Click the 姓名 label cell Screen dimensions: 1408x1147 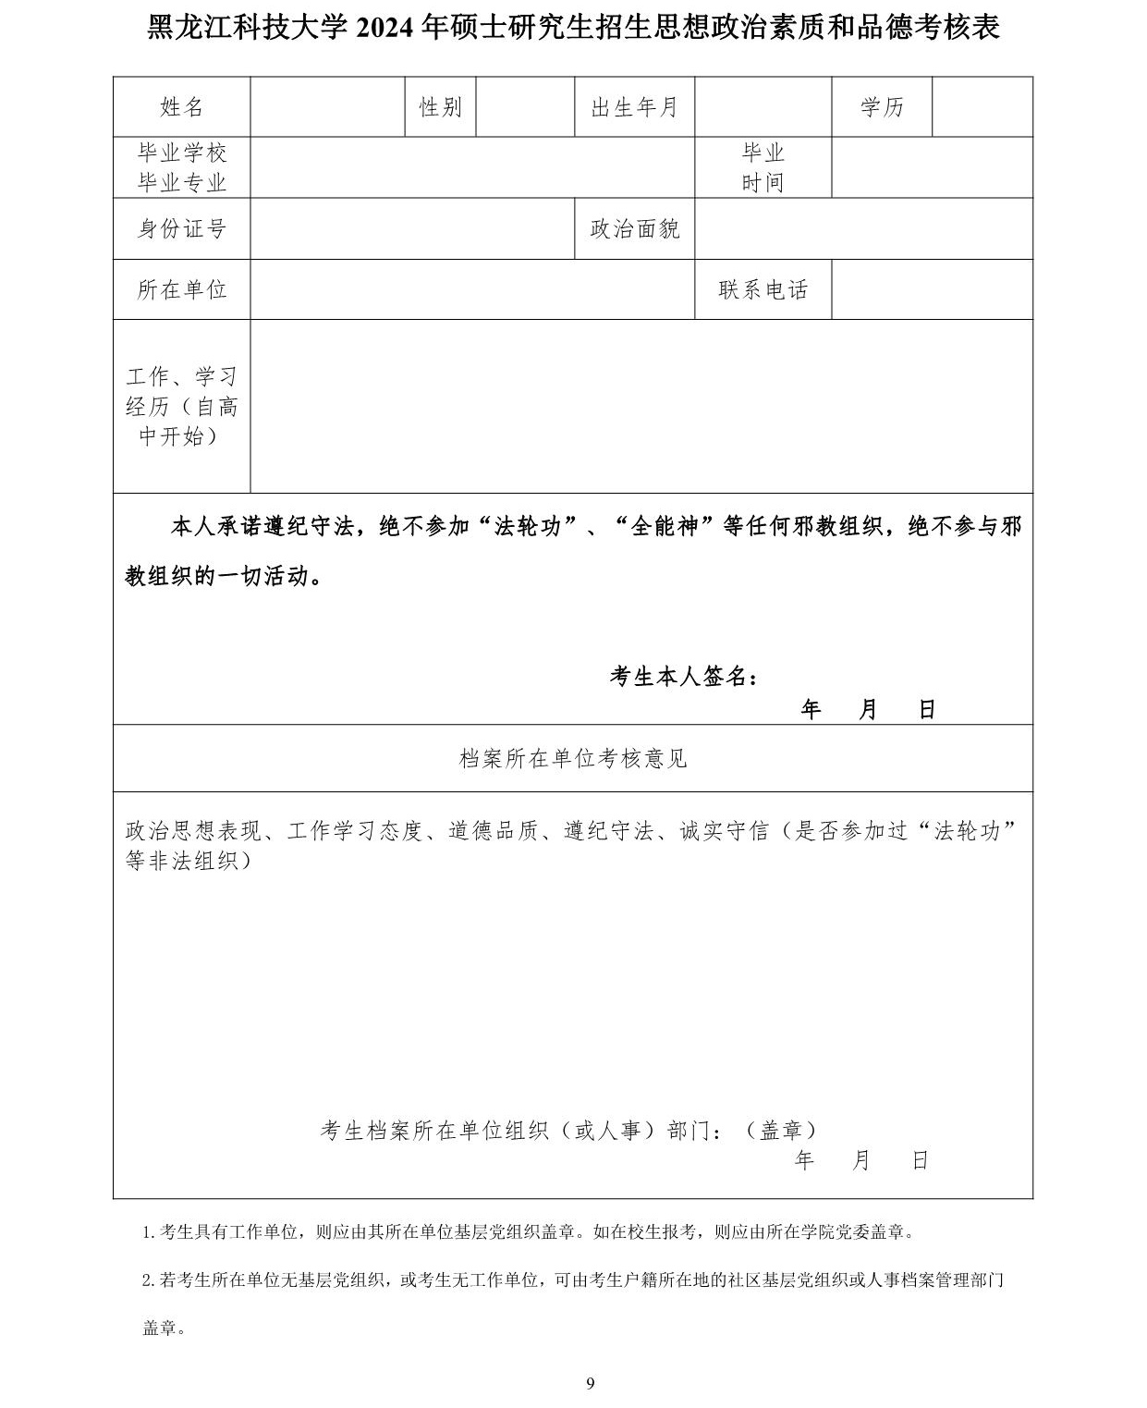(181, 107)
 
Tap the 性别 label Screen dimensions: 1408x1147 (441, 107)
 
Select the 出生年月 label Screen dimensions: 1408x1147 (634, 107)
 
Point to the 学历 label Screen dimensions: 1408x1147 (882, 107)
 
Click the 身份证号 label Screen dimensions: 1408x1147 (181, 228)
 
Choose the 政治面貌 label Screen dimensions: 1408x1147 (634, 228)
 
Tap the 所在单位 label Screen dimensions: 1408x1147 (181, 289)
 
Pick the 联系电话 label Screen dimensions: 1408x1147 (763, 289)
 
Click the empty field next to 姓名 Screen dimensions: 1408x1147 (327, 107)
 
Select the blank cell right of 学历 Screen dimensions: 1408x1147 (982, 107)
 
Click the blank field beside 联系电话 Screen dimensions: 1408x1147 (932, 289)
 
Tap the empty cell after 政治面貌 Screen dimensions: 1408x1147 (863, 228)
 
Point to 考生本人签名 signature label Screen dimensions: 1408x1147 (684, 677)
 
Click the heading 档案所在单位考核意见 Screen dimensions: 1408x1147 (573, 759)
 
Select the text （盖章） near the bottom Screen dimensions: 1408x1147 (782, 1130)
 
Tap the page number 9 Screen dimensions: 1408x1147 (591, 1383)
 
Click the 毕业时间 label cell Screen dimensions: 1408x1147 (763, 167)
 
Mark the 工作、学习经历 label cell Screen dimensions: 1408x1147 (181, 406)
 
